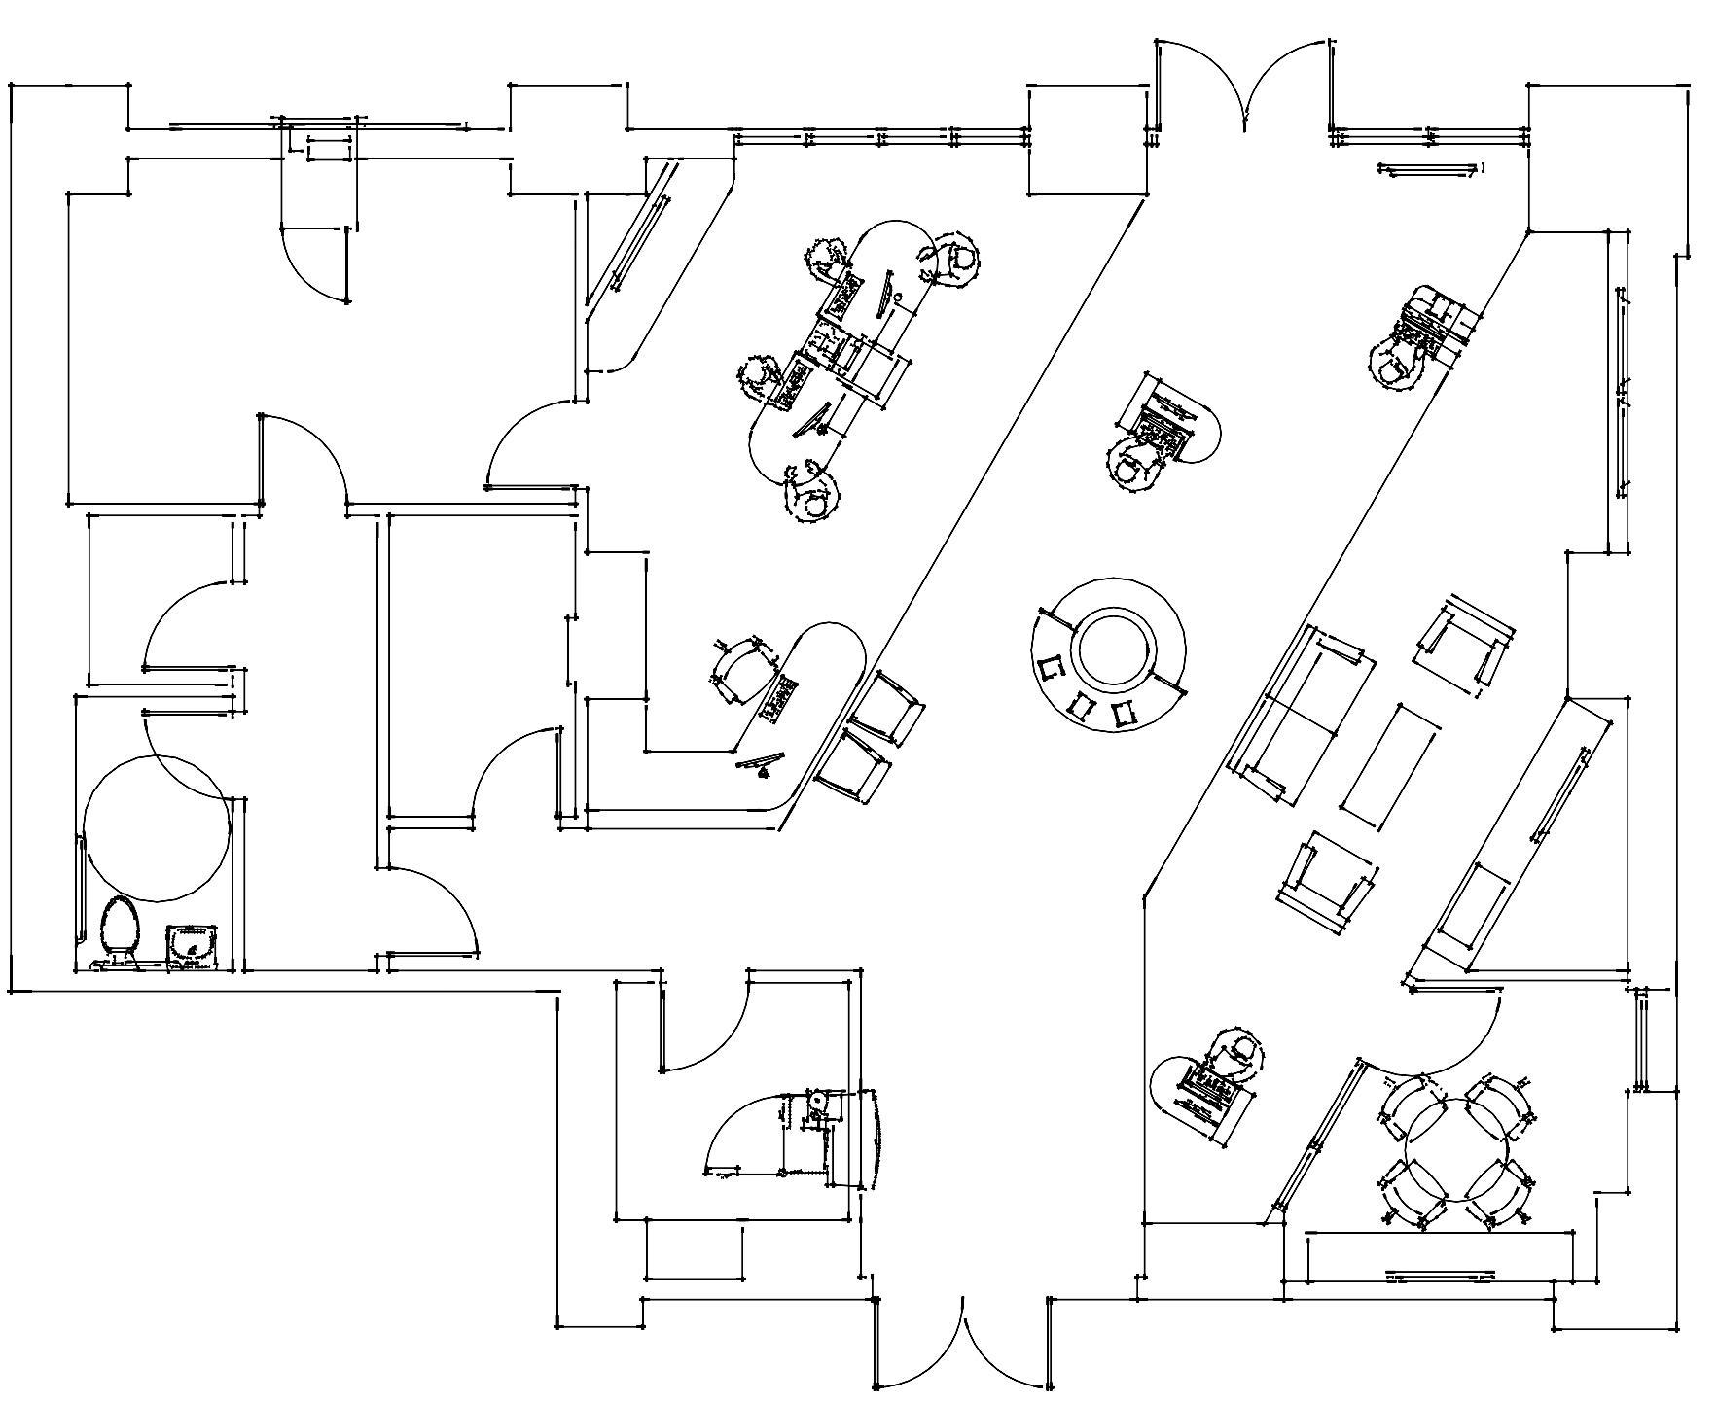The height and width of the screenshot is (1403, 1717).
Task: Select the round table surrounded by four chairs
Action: [1455, 1151]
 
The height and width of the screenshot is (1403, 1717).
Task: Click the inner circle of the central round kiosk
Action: [1115, 649]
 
